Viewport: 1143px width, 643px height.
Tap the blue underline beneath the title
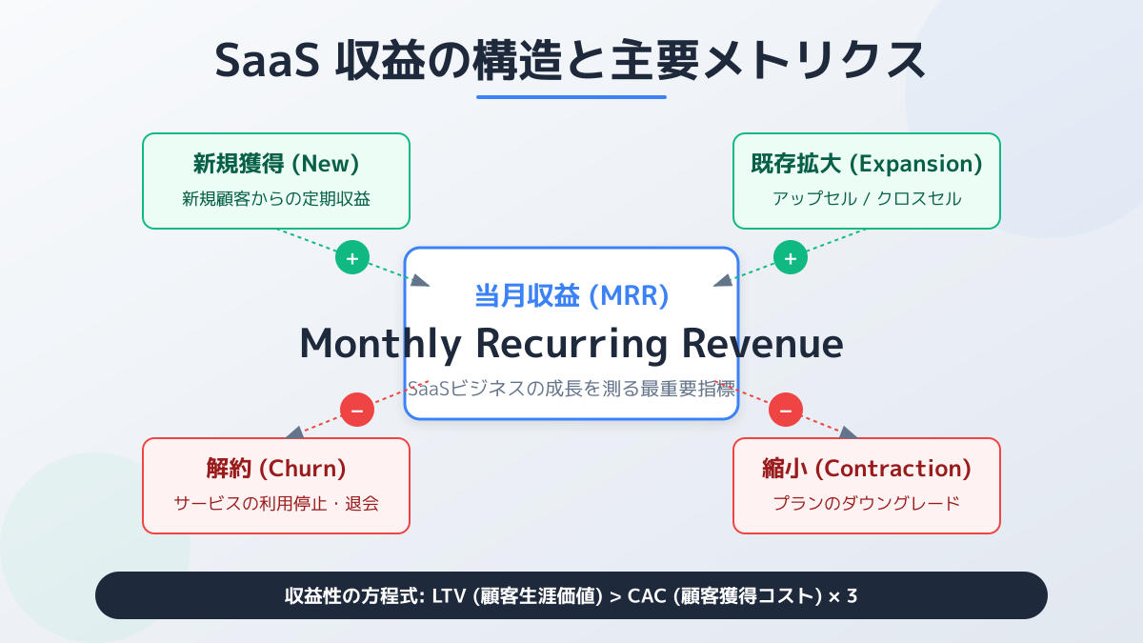point(571,96)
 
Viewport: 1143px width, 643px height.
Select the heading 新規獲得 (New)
point(276,164)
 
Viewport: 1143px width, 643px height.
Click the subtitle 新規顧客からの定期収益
point(276,199)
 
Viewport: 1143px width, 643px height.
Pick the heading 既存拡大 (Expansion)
point(867,164)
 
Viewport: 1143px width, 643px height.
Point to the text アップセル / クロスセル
point(867,199)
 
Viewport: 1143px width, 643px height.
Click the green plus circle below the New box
point(352,258)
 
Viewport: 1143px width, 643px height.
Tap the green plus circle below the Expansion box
point(790,258)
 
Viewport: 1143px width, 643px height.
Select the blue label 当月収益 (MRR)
point(571,296)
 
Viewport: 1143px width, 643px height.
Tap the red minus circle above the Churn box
point(357,411)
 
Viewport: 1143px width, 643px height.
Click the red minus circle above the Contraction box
point(786,411)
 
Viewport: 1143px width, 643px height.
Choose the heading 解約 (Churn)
point(276,469)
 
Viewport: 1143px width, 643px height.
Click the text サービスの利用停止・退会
point(276,503)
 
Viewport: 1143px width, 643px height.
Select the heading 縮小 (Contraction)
point(867,469)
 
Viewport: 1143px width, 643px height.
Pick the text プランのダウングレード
point(867,503)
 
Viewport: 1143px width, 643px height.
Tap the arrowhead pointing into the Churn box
point(294,432)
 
